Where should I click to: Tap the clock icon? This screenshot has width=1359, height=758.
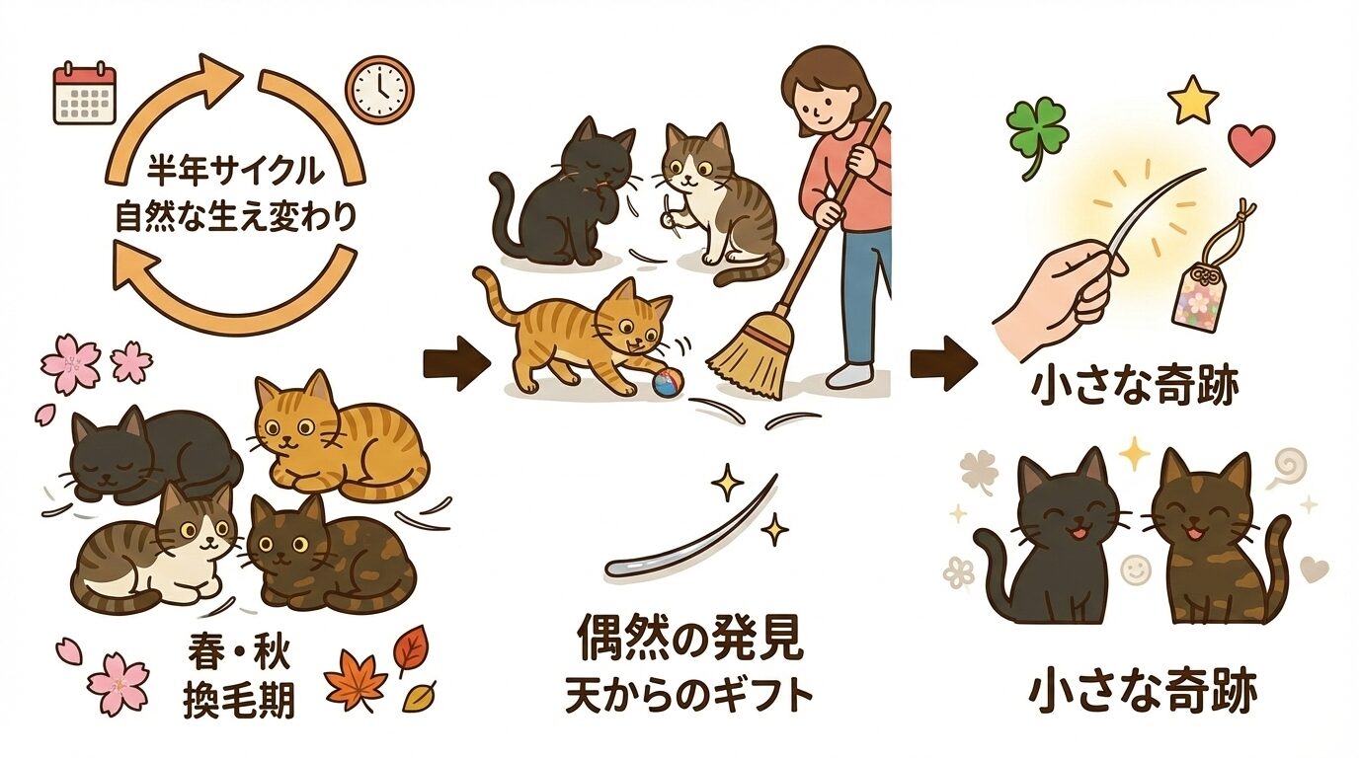point(379,90)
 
